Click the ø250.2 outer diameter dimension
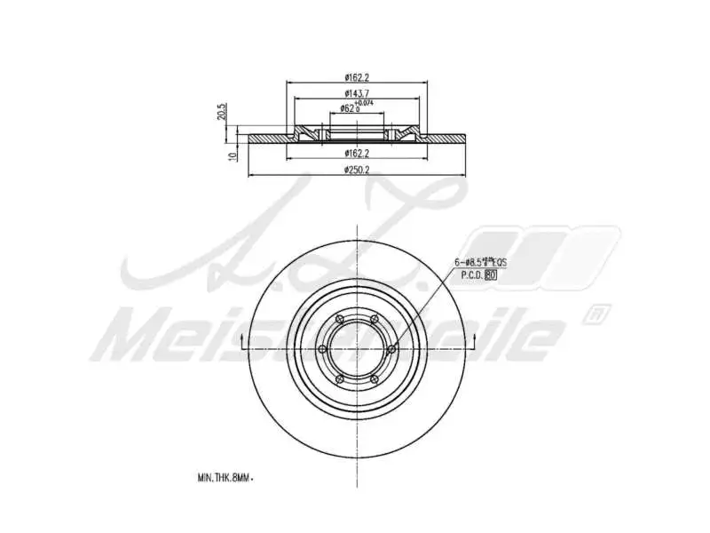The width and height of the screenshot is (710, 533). [357, 170]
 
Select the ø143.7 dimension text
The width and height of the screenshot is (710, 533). [357, 94]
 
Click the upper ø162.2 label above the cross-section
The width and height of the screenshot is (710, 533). [357, 78]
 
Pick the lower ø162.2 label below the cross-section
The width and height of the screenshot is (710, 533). [357, 153]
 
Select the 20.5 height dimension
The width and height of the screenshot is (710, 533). [222, 113]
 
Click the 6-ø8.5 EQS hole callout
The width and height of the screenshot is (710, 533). [479, 262]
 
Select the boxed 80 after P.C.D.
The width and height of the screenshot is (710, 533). [490, 275]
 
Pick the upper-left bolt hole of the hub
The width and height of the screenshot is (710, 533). [339, 319]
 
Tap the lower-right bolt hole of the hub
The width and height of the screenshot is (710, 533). [375, 379]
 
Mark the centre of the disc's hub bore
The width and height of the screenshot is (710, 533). [357, 349]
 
